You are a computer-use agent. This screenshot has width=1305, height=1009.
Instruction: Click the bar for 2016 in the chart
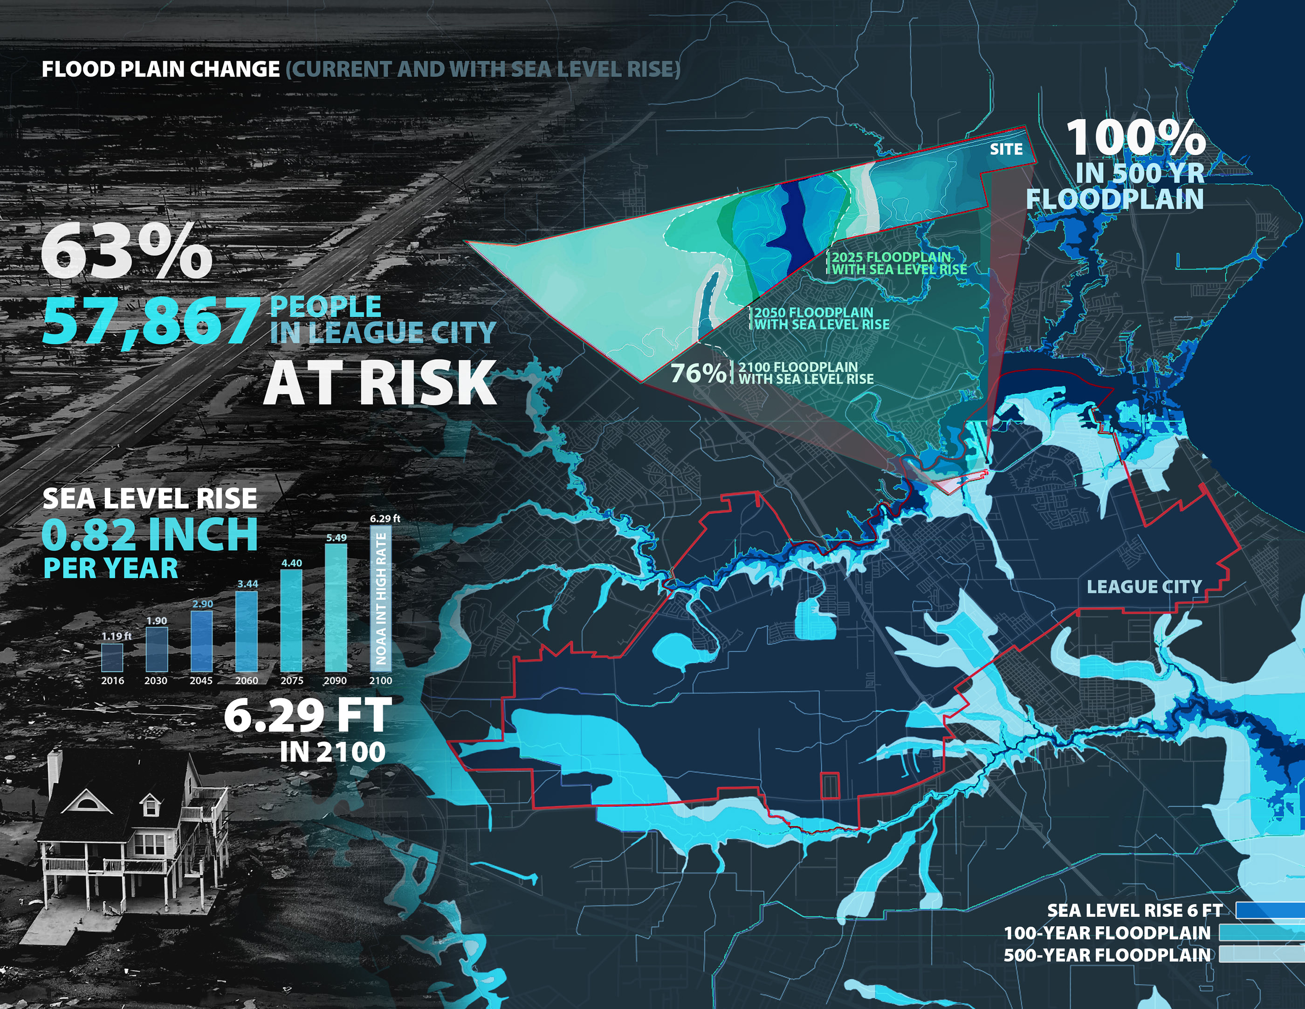point(112,657)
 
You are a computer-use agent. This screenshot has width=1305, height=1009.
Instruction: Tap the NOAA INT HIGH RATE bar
point(381,598)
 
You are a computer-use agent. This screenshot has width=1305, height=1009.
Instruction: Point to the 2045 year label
point(201,681)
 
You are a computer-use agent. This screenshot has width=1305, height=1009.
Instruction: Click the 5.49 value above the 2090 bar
point(337,538)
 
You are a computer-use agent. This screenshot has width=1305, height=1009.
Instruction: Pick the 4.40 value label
point(292,563)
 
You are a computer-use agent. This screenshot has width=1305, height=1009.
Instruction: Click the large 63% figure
point(127,251)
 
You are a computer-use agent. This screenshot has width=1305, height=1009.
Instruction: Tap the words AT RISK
point(380,383)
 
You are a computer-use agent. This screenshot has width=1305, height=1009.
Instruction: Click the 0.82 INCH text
point(150,534)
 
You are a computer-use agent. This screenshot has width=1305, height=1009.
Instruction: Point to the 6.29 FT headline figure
point(308,716)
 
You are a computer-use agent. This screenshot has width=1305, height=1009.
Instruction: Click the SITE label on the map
point(1006,149)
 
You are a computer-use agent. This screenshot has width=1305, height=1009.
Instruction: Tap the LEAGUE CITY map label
point(1144,587)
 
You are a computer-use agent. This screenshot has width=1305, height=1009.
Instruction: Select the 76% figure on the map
point(697,373)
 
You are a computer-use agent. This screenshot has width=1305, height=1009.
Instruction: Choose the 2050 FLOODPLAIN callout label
point(822,318)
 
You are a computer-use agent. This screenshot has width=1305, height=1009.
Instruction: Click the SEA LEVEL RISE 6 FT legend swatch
point(1269,910)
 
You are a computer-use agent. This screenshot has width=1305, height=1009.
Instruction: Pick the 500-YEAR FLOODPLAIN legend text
point(1106,954)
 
